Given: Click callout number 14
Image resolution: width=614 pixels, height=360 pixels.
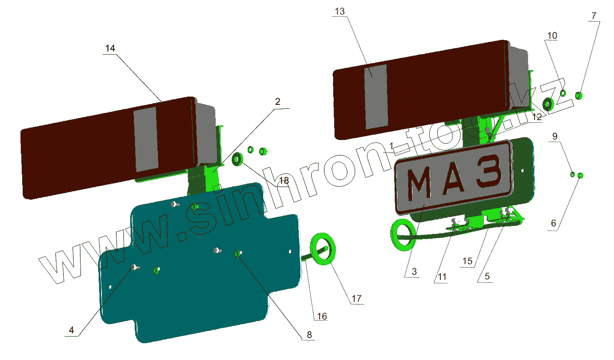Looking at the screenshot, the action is [x=110, y=48].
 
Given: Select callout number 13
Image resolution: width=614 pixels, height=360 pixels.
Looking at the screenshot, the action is [x=340, y=11].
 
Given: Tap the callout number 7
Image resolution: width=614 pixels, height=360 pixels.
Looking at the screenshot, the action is [x=594, y=16].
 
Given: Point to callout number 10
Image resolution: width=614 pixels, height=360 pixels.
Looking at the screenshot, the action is [x=552, y=36].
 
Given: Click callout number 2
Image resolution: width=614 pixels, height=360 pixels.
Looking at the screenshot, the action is [x=278, y=102].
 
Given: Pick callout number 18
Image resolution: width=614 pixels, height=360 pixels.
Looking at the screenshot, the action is [x=284, y=181].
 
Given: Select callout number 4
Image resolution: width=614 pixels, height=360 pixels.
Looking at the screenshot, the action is [x=72, y=330].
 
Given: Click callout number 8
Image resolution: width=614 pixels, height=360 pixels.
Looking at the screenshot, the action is [x=309, y=335].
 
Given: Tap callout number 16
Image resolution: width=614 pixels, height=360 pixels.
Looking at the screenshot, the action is [x=322, y=317].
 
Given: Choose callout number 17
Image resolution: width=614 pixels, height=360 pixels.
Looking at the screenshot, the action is [x=357, y=299].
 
